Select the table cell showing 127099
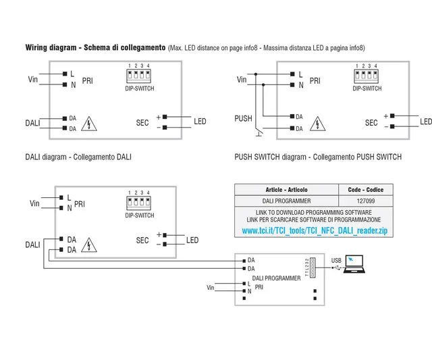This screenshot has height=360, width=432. pos(365,201)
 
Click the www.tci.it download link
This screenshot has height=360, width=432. pos(315,231)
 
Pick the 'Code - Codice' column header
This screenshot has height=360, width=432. pos(365,190)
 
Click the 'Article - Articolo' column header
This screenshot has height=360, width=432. pos(286,190)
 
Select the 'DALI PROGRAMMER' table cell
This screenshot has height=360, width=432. pos(286,201)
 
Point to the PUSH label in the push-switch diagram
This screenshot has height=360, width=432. pos(243,118)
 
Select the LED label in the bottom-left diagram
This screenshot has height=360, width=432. pos(192,240)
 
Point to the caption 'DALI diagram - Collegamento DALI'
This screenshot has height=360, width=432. pos(78,157)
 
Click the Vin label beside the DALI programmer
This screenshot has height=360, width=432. pos(211,288)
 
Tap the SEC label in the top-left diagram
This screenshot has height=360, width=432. pos(142,123)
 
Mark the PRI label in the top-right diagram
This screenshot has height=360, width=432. pos(315,80)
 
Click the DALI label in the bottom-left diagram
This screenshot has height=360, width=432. pos(32,244)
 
